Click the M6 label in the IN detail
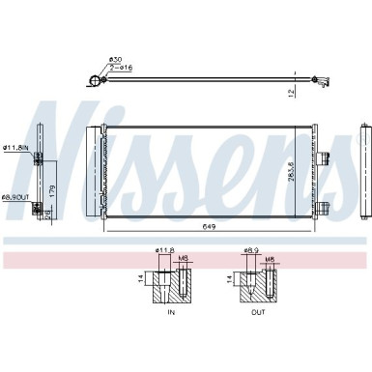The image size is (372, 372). click(x=184, y=259)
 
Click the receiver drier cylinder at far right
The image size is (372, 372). click(x=364, y=174)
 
